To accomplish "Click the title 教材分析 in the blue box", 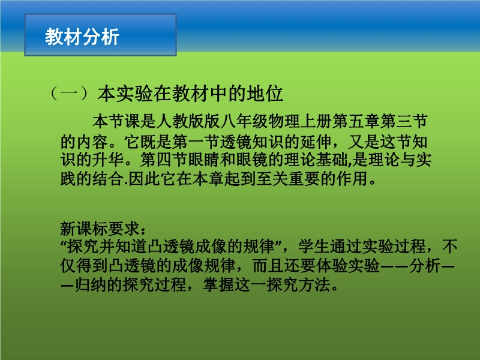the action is point(82,37).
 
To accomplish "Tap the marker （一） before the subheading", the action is point(70,94).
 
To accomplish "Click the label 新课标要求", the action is point(100,229).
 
